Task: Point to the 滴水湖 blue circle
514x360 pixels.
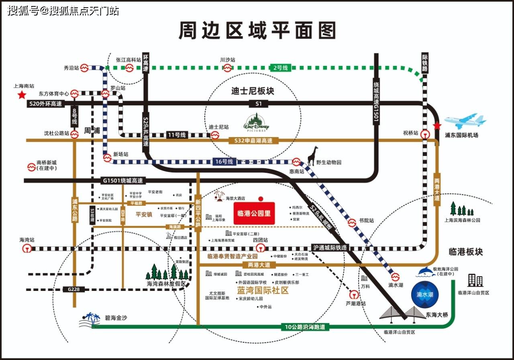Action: point(425,295)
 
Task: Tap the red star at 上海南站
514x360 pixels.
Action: point(21,95)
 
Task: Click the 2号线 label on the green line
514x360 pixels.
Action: point(280,68)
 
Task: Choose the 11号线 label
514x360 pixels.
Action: point(177,135)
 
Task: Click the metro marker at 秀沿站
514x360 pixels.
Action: point(84,68)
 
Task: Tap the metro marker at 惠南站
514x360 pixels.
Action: point(296,162)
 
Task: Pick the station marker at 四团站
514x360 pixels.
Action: point(263,248)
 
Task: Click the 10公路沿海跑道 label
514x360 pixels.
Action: point(305,327)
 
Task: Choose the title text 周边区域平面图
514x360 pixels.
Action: point(257,31)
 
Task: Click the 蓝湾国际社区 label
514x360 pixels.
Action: point(263,290)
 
